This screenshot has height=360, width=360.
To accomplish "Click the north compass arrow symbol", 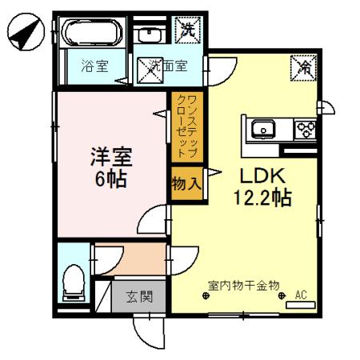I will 24,33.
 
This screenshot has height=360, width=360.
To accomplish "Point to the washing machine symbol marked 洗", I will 188,32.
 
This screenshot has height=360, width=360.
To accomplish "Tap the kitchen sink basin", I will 263,129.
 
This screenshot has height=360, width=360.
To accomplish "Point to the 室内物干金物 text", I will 243,284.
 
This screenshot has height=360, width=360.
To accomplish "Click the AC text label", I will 301,294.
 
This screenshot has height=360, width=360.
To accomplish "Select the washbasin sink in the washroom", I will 149,34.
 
